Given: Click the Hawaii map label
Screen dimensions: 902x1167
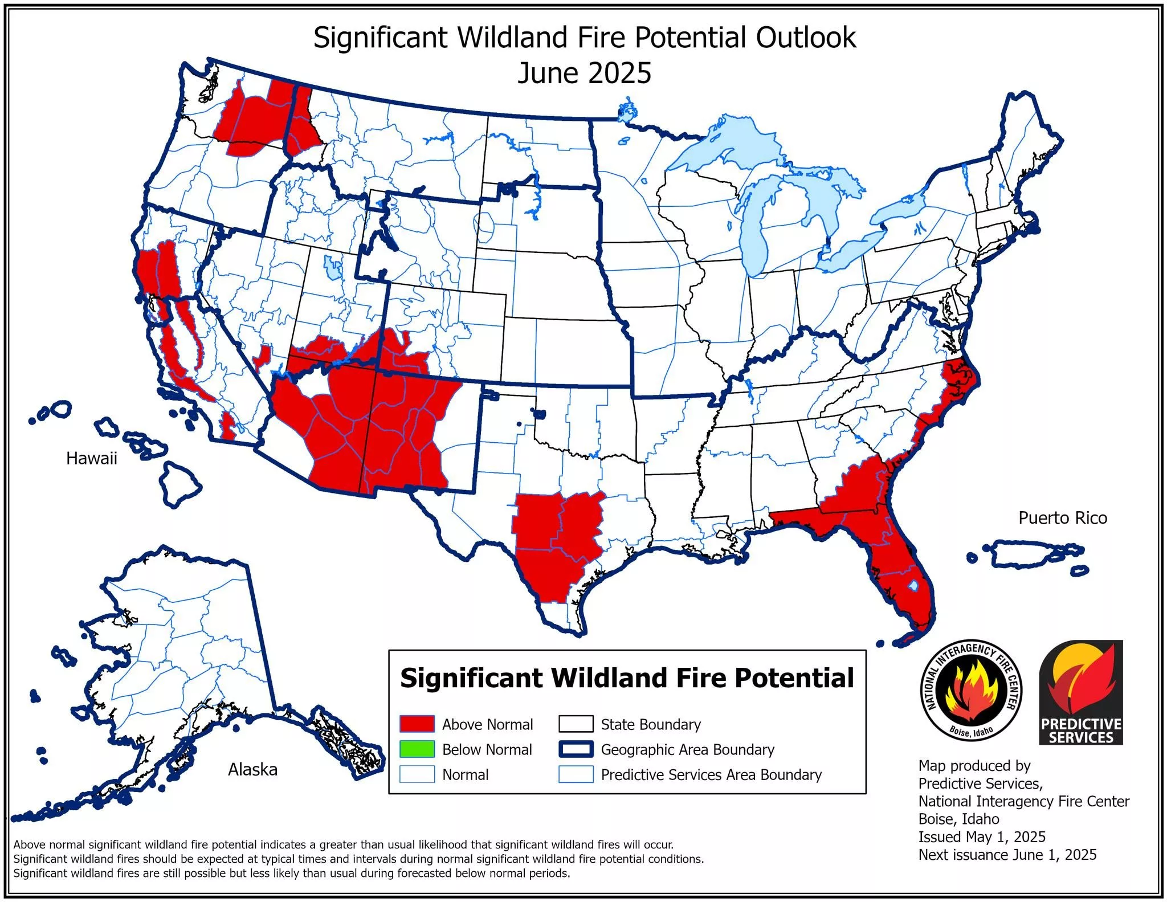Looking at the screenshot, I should click(91, 458).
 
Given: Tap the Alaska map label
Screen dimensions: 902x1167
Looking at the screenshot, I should click(252, 769).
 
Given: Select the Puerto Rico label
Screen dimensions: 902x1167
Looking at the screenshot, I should click(1062, 517).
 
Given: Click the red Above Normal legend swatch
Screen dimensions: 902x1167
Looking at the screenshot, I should click(417, 724).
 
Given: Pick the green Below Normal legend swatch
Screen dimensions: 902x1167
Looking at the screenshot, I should click(417, 749).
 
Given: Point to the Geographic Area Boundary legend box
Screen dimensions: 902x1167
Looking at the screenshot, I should click(576, 749).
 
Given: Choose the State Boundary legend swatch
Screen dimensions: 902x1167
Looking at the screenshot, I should click(576, 724).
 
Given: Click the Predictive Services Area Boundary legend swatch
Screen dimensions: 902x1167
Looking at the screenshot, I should click(576, 774).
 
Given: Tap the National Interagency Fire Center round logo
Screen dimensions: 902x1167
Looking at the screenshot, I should click(971, 690).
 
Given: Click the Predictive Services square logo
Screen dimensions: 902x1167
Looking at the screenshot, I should click(1081, 692).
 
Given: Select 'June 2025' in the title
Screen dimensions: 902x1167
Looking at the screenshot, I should click(584, 74).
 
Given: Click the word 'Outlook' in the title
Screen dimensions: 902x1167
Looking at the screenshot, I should click(806, 38).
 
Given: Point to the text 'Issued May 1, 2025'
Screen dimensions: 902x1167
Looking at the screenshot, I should click(981, 836).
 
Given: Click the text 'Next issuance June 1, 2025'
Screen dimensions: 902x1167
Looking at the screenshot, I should click(1007, 855).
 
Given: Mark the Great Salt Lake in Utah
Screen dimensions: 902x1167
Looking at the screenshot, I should click(331, 267).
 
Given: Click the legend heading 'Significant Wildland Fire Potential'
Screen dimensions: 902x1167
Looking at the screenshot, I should click(627, 678).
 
